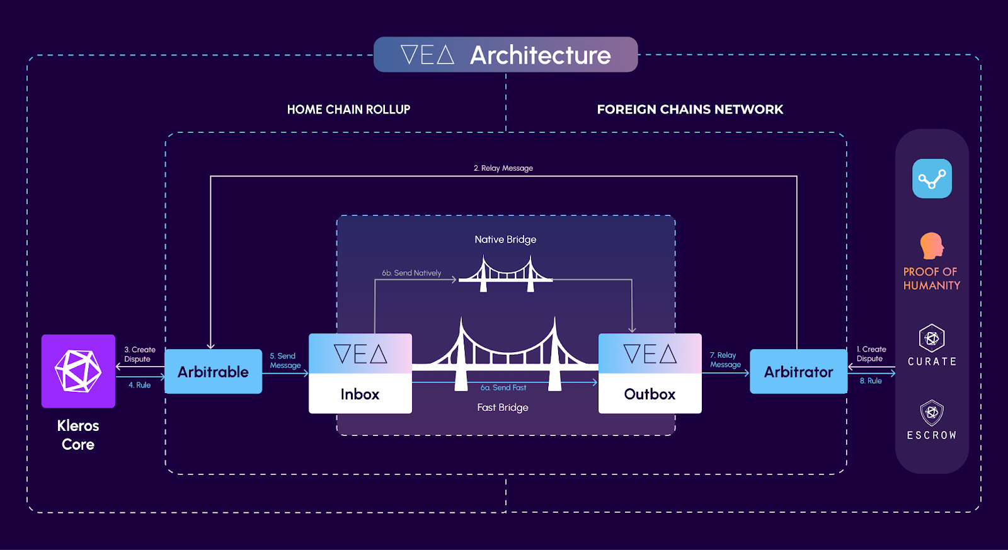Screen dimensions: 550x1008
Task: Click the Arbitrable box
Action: coord(213,372)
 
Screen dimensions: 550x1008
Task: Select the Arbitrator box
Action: coord(798,372)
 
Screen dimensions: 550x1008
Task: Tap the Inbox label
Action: coord(360,394)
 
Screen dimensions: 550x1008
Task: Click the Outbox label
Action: coord(650,394)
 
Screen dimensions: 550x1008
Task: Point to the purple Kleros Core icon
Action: coord(78,371)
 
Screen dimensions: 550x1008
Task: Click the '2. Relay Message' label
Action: coord(503,168)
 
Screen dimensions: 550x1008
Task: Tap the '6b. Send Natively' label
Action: coord(411,273)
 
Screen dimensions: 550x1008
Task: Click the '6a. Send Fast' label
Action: coord(503,387)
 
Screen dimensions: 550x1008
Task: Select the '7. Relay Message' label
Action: coord(725,360)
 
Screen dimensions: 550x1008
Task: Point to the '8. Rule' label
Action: coord(871,381)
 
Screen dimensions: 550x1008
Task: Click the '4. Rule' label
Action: coord(140,385)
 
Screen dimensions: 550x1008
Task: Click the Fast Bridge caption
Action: coord(503,408)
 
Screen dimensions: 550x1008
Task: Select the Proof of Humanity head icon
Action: coord(932,246)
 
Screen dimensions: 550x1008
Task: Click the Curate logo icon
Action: coord(932,338)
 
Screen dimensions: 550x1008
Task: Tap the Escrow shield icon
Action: coord(932,413)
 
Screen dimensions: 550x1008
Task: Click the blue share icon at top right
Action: coord(932,179)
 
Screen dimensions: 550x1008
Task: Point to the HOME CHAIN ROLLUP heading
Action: coord(348,110)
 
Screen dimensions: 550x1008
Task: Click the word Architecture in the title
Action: coord(541,55)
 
